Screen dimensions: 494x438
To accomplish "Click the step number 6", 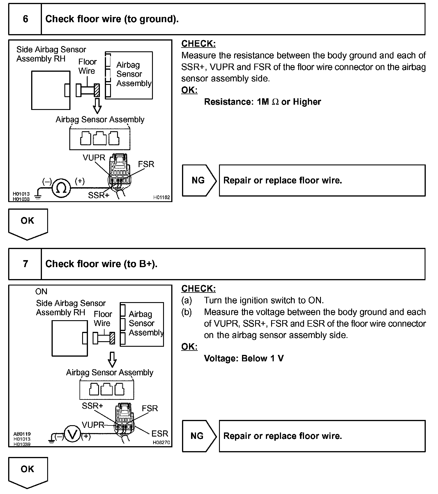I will click(x=25, y=19).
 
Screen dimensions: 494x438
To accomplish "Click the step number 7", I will click(x=25, y=264).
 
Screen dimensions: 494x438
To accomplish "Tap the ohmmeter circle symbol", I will click(x=61, y=188).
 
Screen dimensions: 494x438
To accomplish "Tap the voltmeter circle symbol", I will click(x=72, y=435).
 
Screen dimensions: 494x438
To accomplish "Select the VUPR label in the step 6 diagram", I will click(x=94, y=158).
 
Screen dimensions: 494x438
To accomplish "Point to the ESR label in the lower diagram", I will click(x=160, y=433).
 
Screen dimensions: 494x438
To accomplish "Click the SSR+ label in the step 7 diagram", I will click(x=92, y=406).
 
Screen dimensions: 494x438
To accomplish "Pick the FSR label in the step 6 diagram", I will click(x=146, y=164).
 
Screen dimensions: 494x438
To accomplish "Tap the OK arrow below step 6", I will click(x=28, y=223).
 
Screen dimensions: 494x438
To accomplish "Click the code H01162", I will click(x=162, y=197).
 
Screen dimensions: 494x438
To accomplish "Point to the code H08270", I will click(x=161, y=442).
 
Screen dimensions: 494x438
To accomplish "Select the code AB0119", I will click(x=22, y=434).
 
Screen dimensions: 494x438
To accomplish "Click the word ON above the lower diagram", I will click(x=41, y=292).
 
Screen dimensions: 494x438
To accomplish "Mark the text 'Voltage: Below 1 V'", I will click(x=244, y=358).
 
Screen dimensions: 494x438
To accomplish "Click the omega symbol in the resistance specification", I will click(x=275, y=102).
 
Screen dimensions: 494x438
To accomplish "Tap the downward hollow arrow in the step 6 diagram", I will click(x=97, y=106).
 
